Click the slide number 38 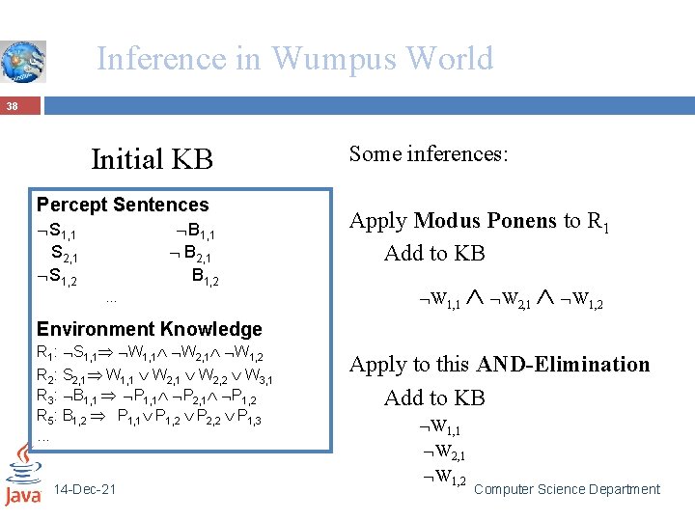(11, 105)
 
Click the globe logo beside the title (22, 61)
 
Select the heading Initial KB (152, 158)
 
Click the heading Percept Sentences (123, 205)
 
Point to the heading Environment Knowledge (149, 329)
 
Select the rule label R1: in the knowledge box (46, 352)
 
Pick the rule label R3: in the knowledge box (46, 397)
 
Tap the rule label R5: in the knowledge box (46, 418)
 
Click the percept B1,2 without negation (205, 278)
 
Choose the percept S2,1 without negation (64, 256)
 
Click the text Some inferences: (428, 153)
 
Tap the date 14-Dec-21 (86, 489)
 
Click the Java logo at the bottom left (22, 475)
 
